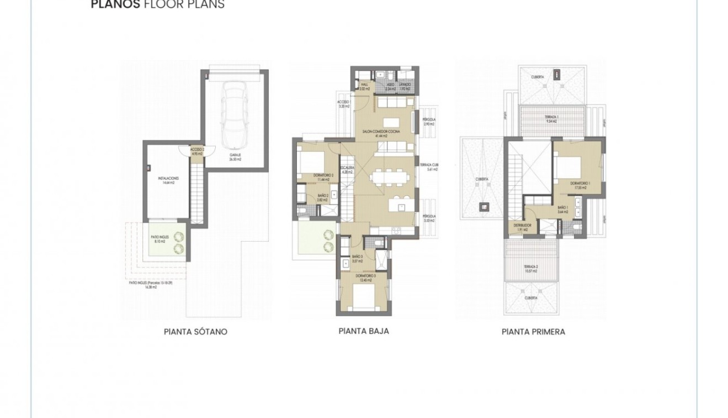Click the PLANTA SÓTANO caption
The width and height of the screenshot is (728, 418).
[195, 332]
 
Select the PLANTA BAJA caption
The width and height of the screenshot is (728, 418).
[363, 331]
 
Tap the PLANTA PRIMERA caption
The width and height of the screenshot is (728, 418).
[533, 332]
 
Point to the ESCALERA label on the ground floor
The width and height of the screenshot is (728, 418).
[347, 169]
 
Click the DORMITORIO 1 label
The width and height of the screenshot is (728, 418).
[580, 185]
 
